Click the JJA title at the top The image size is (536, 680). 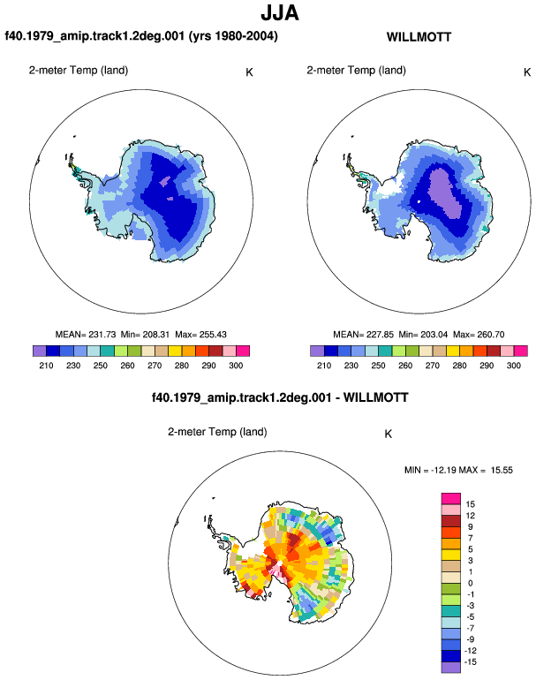pos(280,12)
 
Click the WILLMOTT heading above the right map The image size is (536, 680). pos(419,37)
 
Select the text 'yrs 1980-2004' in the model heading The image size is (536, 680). pos(233,35)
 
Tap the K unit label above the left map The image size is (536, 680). pos(249,72)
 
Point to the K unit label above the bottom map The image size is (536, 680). pos(389,434)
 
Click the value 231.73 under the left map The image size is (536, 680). pos(102,335)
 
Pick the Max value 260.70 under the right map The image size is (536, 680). pos(490,335)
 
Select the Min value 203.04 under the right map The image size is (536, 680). pos(434,335)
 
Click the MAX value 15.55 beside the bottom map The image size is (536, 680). pos(502,470)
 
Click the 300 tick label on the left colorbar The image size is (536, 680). pos(236,366)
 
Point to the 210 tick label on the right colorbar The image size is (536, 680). pos(324,366)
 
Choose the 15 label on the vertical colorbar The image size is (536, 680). pos(471,504)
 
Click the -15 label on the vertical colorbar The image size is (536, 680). pos(471,662)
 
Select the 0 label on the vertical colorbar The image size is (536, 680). pos(471,583)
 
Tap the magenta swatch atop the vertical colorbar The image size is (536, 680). pos(451,499)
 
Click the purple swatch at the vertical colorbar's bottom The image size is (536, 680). pos(451,668)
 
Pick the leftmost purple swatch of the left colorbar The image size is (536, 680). pos(40,351)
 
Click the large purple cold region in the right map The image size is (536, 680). pos(444,193)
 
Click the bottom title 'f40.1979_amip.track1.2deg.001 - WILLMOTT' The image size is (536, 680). pos(280,397)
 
